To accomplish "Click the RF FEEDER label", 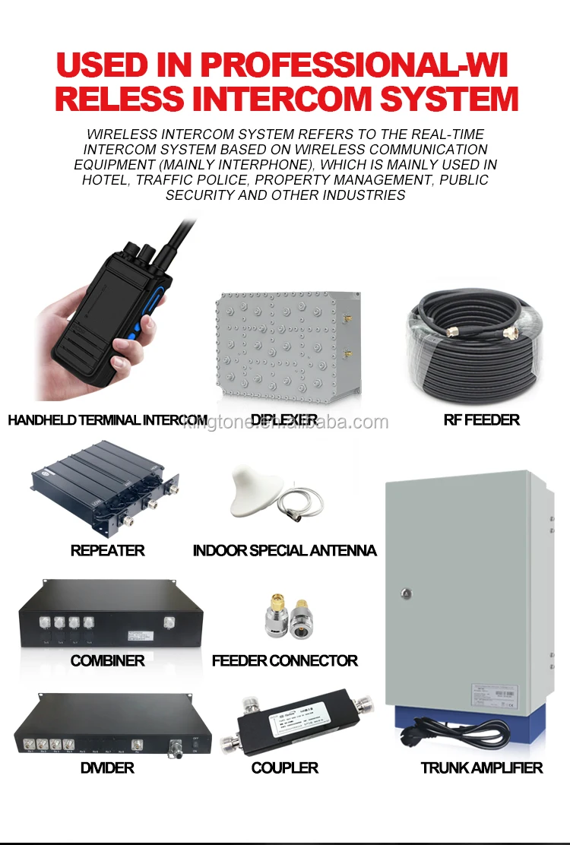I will (x=481, y=419).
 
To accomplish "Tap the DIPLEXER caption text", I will (x=284, y=419).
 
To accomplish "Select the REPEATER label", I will (x=107, y=550).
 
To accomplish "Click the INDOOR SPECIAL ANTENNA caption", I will (x=284, y=550).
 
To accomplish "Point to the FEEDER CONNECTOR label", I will (x=284, y=660).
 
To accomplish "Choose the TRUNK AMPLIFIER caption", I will (x=482, y=767).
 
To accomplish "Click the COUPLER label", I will (x=284, y=767).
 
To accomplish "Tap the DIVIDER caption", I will (x=107, y=767).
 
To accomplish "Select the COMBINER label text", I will (x=107, y=660).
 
